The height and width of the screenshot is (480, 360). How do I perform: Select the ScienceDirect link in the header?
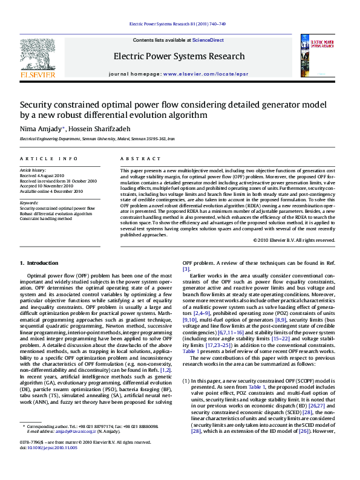208,40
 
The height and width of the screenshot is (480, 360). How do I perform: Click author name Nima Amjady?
42,129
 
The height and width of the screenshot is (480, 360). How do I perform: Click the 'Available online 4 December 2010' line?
51,191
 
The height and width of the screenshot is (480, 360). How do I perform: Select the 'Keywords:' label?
29,203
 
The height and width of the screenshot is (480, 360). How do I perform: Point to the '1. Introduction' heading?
39,263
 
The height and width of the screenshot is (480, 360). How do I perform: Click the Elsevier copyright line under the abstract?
293,240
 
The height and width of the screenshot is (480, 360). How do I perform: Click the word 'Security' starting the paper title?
37,105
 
